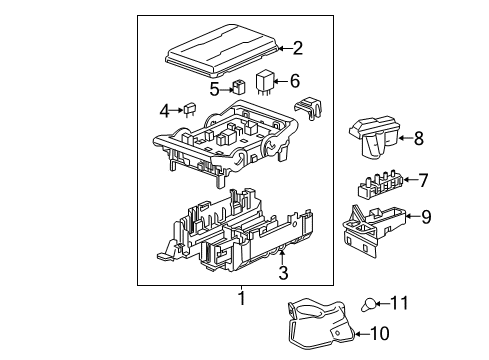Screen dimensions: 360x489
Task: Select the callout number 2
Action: pyautogui.click(x=296, y=46)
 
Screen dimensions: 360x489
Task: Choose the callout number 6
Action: pyautogui.click(x=295, y=82)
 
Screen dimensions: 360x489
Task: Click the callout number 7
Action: pyautogui.click(x=423, y=181)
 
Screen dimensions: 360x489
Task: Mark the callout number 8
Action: pyautogui.click(x=419, y=139)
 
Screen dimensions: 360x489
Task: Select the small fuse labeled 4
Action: pyautogui.click(x=186, y=110)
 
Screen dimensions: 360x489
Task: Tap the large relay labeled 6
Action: pyautogui.click(x=268, y=83)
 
